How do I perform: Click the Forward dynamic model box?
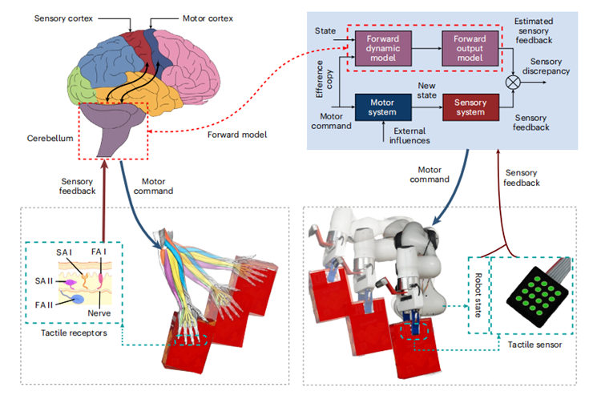[x=381, y=46]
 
